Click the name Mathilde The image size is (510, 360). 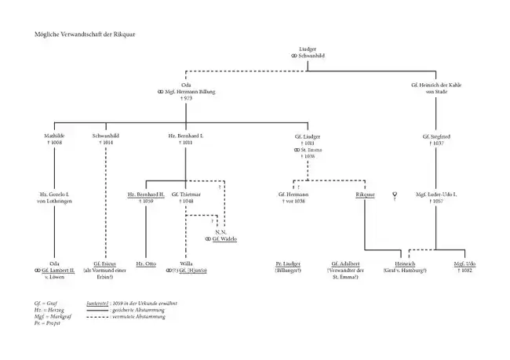[55, 136]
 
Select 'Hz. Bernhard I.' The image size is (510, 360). [186, 136]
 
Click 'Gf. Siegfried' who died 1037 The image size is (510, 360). [440, 136]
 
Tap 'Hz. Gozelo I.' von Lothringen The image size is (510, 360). [55, 193]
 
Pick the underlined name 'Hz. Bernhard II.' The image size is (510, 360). [145, 193]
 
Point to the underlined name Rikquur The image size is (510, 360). [365, 193]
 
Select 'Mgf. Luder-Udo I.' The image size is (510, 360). [440, 193]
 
